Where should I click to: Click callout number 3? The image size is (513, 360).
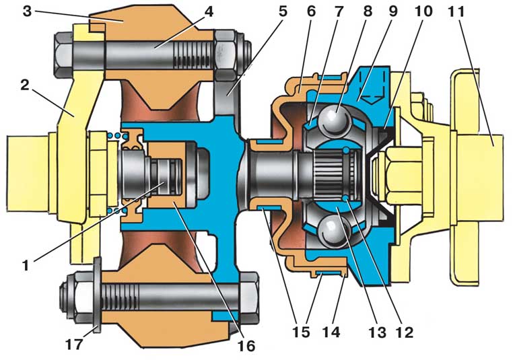pyautogui.click(x=27, y=11)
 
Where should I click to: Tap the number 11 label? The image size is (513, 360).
pyautogui.click(x=456, y=11)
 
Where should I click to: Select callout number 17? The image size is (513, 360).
pyautogui.click(x=74, y=344)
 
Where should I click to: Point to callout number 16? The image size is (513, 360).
pyautogui.click(x=246, y=345)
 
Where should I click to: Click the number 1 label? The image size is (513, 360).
pyautogui.click(x=26, y=265)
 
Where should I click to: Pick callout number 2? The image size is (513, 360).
pyautogui.click(x=25, y=85)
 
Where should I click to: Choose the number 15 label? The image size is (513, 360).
pyautogui.click(x=301, y=332)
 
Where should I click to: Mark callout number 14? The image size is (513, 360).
pyautogui.click(x=331, y=332)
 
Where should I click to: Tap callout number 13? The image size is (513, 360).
pyautogui.click(x=377, y=332)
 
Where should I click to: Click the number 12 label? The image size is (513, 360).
pyautogui.click(x=405, y=332)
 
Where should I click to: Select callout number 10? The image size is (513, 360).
pyautogui.click(x=423, y=11)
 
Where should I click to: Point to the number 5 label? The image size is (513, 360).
pyautogui.click(x=283, y=11)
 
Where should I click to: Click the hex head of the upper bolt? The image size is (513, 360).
pyautogui.click(x=65, y=55)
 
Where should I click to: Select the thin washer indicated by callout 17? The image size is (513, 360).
pyautogui.click(x=97, y=295)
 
